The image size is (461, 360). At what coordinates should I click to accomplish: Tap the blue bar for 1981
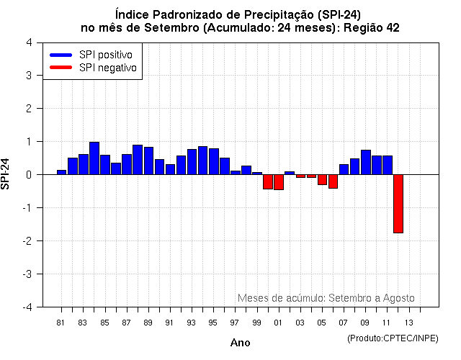(62, 172)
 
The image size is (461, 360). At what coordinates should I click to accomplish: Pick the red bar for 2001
(279, 182)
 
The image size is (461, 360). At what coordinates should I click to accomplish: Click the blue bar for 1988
(138, 160)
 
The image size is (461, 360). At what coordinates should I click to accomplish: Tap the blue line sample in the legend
(61, 55)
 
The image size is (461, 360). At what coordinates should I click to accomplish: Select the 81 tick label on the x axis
(61, 322)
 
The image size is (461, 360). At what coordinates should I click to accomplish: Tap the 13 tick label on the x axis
(408, 322)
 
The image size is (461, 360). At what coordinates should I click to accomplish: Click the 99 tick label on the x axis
(257, 322)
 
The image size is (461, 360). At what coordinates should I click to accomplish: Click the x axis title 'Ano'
(240, 343)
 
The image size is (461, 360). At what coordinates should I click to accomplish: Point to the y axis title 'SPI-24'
(6, 174)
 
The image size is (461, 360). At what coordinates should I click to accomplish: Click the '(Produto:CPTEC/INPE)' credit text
(392, 338)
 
